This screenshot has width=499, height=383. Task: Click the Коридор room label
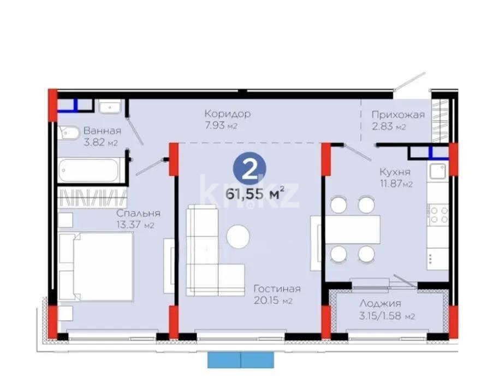(x=228, y=114)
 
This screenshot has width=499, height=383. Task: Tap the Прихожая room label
(x=398, y=115)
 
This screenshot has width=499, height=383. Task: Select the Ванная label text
(x=102, y=131)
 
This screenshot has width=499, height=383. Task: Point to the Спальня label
(x=138, y=214)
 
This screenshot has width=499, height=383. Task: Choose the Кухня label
(x=395, y=172)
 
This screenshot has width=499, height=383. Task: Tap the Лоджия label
(x=381, y=304)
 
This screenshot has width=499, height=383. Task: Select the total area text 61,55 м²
(x=255, y=193)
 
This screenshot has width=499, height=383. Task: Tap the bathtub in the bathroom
(x=91, y=170)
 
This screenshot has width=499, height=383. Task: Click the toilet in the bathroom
(x=69, y=132)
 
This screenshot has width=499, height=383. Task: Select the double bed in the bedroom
(x=96, y=266)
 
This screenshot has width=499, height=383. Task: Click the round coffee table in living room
(x=239, y=237)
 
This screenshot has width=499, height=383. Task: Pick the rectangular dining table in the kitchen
(x=352, y=229)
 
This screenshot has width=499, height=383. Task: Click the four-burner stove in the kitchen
(x=438, y=214)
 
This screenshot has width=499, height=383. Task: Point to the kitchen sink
(x=438, y=172)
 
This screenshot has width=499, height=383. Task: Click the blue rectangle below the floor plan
(x=241, y=359)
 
